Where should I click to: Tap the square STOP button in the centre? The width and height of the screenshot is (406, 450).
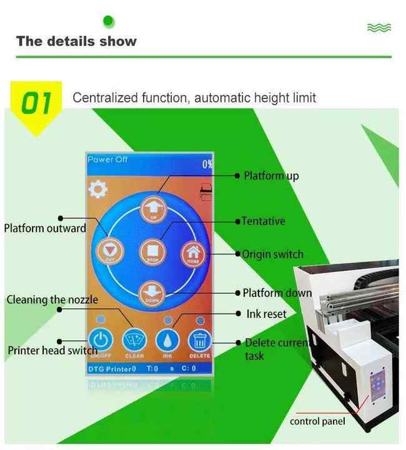pos(153,250)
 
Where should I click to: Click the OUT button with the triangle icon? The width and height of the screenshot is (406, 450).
pos(111,252)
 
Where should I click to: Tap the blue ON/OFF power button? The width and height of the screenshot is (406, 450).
pos(99,341)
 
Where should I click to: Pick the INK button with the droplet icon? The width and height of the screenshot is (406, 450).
pos(167,341)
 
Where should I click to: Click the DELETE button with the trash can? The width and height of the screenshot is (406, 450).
pos(200,341)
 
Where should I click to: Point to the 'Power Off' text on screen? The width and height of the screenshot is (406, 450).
pos(107,160)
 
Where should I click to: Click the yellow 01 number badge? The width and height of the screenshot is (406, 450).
pos(37,104)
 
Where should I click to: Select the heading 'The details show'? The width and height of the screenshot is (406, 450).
pos(76,41)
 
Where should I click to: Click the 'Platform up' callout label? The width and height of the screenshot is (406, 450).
pos(271,176)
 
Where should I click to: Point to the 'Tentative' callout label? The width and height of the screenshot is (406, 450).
pos(264,221)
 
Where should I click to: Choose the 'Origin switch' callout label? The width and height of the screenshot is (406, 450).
pos(272,254)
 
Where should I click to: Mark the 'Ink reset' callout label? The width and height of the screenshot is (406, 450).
pos(266,314)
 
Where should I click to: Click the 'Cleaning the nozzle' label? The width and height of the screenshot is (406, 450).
pos(52,299)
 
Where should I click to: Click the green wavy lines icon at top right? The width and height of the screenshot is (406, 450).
pos(379,27)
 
